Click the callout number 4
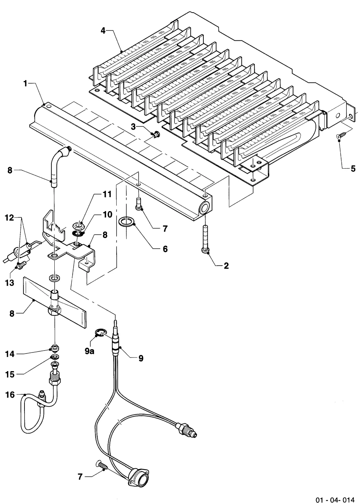click(103, 31)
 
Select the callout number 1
click(25, 84)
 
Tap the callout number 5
click(353, 169)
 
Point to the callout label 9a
click(90, 351)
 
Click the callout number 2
click(226, 266)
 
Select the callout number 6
click(165, 249)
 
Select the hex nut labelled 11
click(78, 224)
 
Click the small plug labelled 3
click(155, 135)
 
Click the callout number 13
click(10, 283)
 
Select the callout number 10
click(107, 214)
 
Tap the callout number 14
click(10, 354)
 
